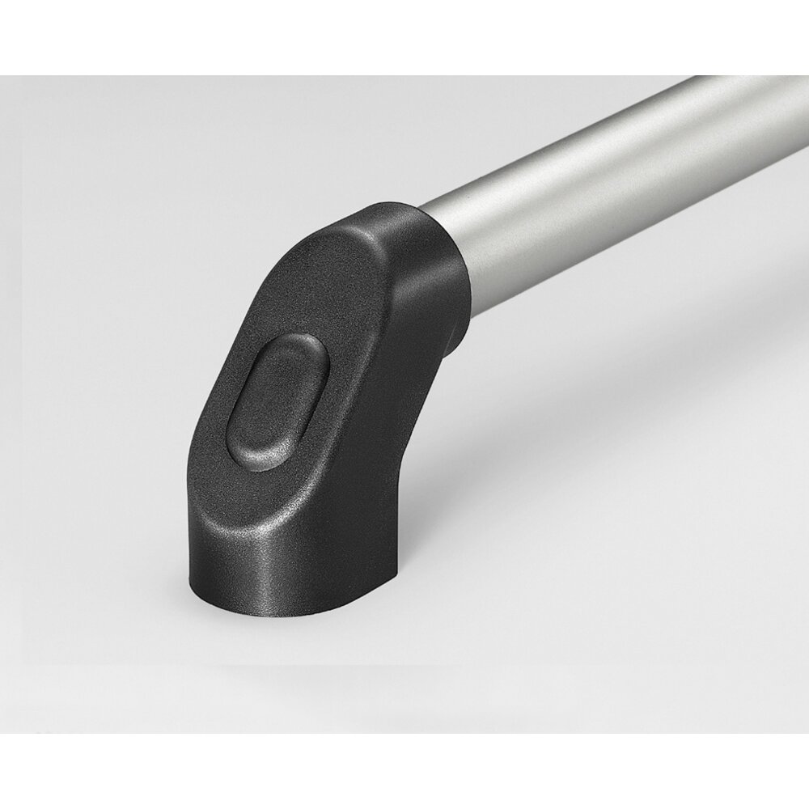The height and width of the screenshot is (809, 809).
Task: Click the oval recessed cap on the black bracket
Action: [x=277, y=403]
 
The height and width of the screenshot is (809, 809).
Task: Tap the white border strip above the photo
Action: [x=404, y=36]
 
